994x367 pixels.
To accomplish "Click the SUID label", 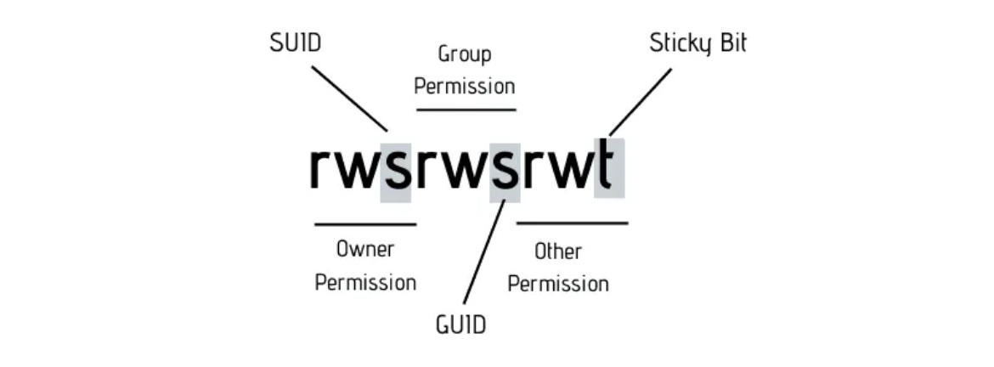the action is click(296, 43).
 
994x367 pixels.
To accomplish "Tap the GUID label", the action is click(460, 325).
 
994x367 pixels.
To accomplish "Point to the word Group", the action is click(465, 54).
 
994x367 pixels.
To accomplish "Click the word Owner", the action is click(365, 250).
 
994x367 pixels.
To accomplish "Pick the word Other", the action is click(557, 251).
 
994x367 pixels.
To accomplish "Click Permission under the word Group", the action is click(465, 87).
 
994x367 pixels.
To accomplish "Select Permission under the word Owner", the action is click(365, 282).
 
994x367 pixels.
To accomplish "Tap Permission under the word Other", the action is click(558, 283).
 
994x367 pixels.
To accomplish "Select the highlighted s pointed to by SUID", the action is click(396, 170).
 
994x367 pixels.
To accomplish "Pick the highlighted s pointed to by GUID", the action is click(505, 170).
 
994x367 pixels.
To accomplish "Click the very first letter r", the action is click(320, 170).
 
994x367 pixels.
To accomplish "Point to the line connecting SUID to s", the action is click(349, 99).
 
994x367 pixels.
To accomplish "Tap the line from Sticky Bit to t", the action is click(640, 102).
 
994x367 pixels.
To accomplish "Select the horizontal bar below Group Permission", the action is click(466, 110).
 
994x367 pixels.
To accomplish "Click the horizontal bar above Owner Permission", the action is click(365, 224).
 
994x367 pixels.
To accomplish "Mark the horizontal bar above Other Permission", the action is click(572, 223).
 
